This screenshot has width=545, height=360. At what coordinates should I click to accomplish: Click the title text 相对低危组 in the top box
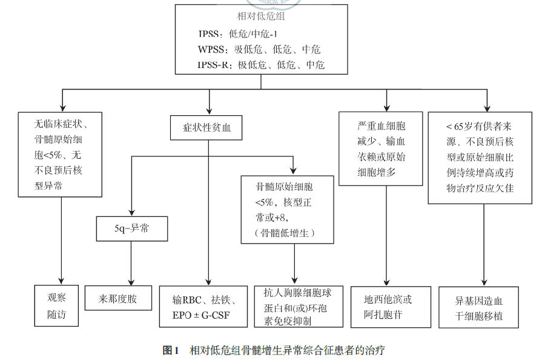(261, 17)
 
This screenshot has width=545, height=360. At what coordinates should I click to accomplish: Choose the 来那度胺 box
(118, 299)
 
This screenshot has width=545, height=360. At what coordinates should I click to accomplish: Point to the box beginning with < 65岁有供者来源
(480, 158)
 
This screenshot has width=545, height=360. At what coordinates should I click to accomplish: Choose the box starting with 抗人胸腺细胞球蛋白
(296, 307)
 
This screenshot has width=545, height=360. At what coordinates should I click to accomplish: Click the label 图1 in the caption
(172, 350)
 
